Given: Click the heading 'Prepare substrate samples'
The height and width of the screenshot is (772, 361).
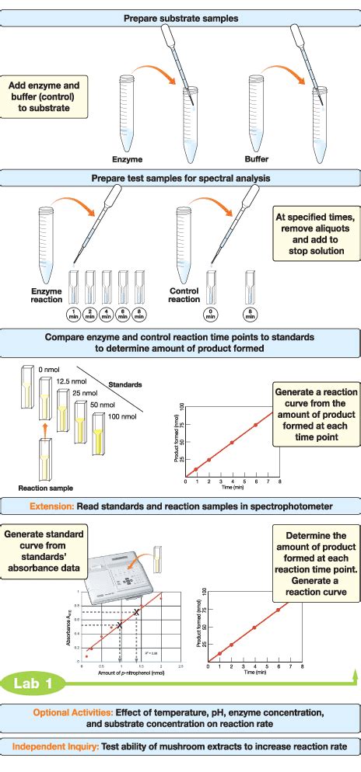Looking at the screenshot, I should [x=180, y=17].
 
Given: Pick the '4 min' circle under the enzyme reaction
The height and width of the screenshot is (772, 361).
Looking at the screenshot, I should [x=106, y=314].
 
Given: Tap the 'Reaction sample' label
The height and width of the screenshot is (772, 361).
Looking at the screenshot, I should [x=45, y=488].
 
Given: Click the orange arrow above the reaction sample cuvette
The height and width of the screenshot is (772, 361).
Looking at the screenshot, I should [x=46, y=427].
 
